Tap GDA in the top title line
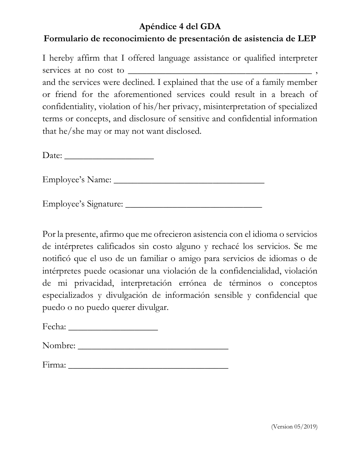coord(211,27)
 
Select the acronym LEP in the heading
coord(307,39)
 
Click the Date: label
coord(52,155)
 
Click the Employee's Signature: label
coord(83,204)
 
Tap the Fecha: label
coord(55,327)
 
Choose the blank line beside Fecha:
coord(113,328)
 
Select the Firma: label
coord(54,365)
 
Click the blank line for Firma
coord(149,367)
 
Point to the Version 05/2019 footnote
coord(294,427)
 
